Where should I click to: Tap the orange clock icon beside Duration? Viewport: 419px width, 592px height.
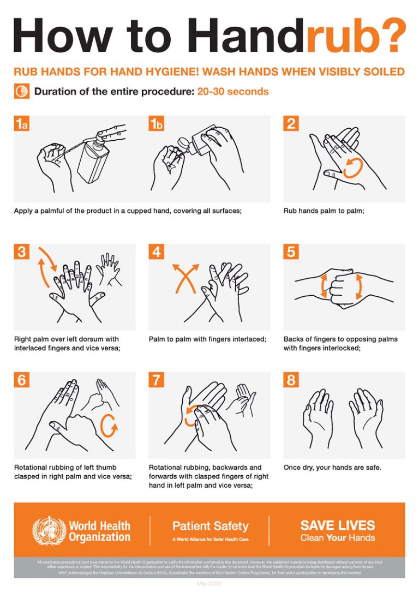[21, 91]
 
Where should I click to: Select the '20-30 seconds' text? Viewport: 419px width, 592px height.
[232, 92]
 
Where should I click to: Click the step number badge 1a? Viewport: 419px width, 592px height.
[22, 124]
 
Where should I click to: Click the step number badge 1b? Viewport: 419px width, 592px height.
[157, 124]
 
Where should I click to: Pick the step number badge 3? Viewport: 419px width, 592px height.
[21, 252]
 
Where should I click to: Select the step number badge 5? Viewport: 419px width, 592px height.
[291, 252]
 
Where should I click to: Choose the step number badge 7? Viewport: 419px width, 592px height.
[157, 380]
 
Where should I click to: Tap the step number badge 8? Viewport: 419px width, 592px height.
[291, 380]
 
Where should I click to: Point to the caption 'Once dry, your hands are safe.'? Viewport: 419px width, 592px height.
[332, 468]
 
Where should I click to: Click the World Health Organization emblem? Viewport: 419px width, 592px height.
[49, 530]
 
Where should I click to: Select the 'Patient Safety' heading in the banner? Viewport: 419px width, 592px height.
[210, 526]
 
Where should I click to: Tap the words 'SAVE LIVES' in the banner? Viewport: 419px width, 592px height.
[337, 525]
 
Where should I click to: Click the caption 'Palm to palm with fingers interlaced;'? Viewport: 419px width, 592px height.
[207, 339]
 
